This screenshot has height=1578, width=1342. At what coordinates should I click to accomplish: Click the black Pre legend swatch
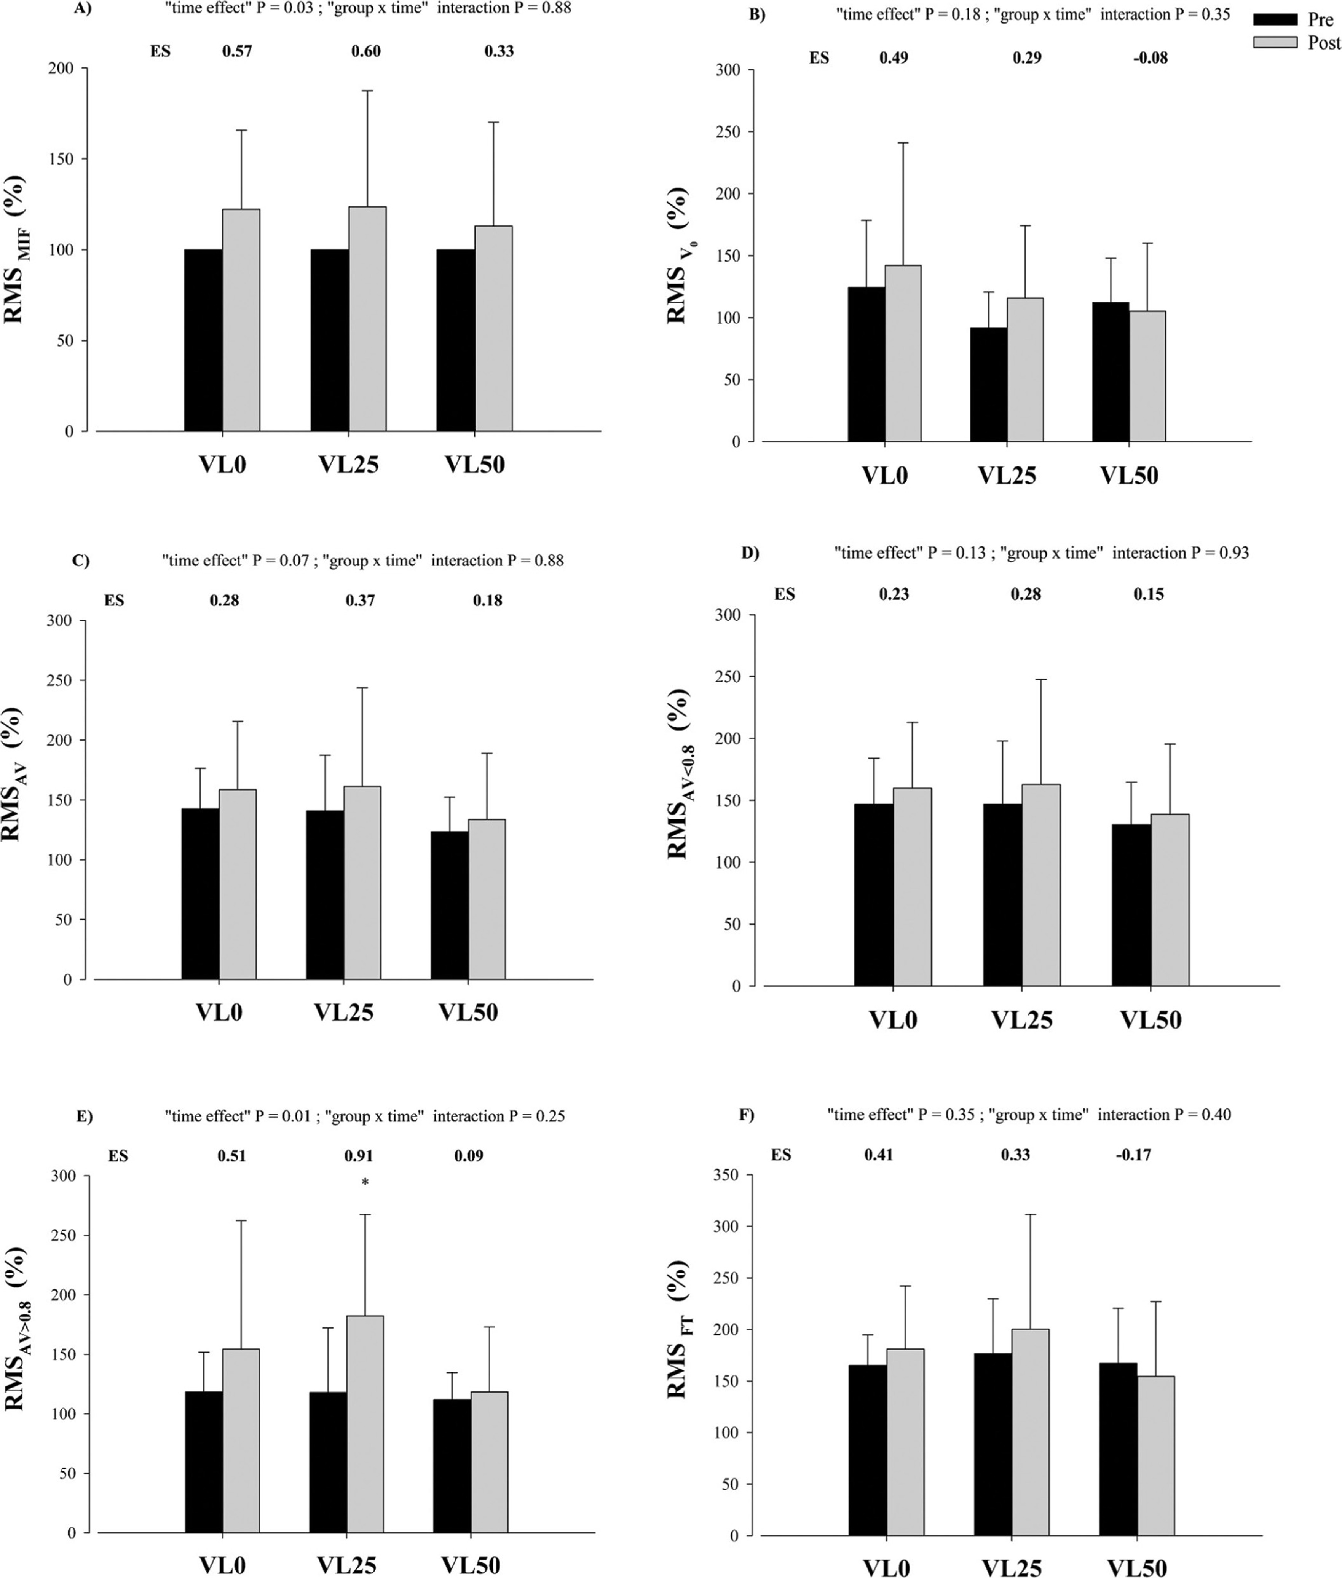[x=1275, y=19]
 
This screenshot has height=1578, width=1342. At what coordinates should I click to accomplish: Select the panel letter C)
[x=81, y=561]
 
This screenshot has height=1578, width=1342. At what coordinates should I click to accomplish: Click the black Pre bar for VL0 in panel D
[x=873, y=895]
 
